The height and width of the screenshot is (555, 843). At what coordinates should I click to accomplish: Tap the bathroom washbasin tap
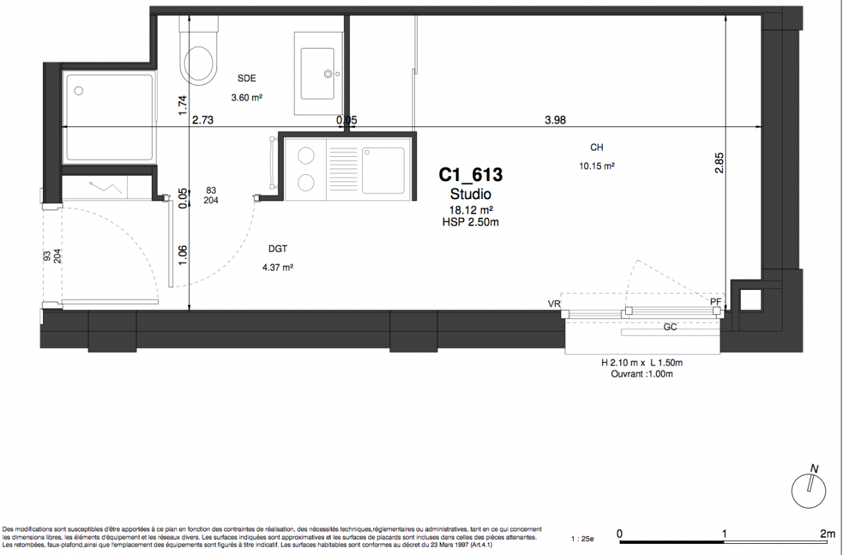click(x=328, y=74)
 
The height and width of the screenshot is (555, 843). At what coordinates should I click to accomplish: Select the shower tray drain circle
click(x=78, y=91)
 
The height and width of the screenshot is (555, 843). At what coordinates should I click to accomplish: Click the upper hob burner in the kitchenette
click(x=305, y=155)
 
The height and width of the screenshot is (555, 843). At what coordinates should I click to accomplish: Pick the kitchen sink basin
click(x=383, y=170)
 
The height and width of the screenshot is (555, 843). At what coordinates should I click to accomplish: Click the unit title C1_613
click(x=470, y=175)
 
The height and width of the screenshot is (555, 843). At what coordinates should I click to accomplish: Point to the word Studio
click(x=470, y=194)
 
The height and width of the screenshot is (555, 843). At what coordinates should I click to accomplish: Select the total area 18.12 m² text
click(x=470, y=210)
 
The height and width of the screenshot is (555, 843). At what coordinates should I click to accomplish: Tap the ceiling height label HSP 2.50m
click(x=470, y=223)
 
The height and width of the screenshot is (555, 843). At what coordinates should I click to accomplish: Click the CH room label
click(x=597, y=148)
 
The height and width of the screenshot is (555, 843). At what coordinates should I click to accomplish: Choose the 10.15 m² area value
click(x=597, y=166)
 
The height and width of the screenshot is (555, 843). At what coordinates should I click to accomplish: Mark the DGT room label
click(x=278, y=249)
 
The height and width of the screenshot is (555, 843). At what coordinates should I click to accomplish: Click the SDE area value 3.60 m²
click(x=246, y=98)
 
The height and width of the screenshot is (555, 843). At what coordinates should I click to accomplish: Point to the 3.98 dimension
click(x=555, y=120)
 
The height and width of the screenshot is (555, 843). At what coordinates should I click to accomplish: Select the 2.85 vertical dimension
click(x=719, y=162)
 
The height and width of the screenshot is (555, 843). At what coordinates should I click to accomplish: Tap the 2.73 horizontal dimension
click(x=203, y=120)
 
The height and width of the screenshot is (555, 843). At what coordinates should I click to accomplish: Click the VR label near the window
click(x=554, y=304)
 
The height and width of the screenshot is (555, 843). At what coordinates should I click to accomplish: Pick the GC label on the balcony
click(x=670, y=327)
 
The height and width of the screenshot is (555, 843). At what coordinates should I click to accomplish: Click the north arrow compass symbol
click(x=809, y=490)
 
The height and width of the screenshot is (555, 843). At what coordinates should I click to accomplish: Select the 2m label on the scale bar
click(x=828, y=533)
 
